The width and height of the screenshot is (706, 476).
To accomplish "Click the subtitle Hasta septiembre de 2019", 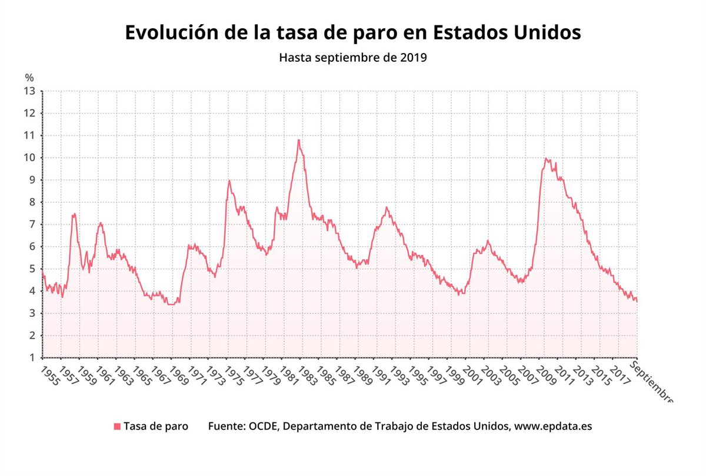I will pyautogui.click(x=352, y=58).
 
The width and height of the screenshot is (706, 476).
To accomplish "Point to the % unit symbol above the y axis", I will pyautogui.click(x=29, y=77).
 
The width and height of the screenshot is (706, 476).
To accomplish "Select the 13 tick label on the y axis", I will pyautogui.click(x=29, y=91).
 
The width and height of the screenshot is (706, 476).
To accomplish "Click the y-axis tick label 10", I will pyautogui.click(x=29, y=158).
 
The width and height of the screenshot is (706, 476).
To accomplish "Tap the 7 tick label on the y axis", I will pyautogui.click(x=32, y=224).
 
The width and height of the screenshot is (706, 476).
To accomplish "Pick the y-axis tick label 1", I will pyautogui.click(x=32, y=358).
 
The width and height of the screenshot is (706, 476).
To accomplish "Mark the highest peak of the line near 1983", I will pyautogui.click(x=299, y=140).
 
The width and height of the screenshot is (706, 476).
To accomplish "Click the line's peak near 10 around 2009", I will pyautogui.click(x=546, y=158).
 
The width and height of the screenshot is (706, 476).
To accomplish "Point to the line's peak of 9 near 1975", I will pyautogui.click(x=229, y=180).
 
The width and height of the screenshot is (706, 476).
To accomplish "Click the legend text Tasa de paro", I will pyautogui.click(x=155, y=426).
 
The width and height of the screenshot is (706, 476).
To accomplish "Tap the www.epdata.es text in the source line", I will pyautogui.click(x=553, y=426).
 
